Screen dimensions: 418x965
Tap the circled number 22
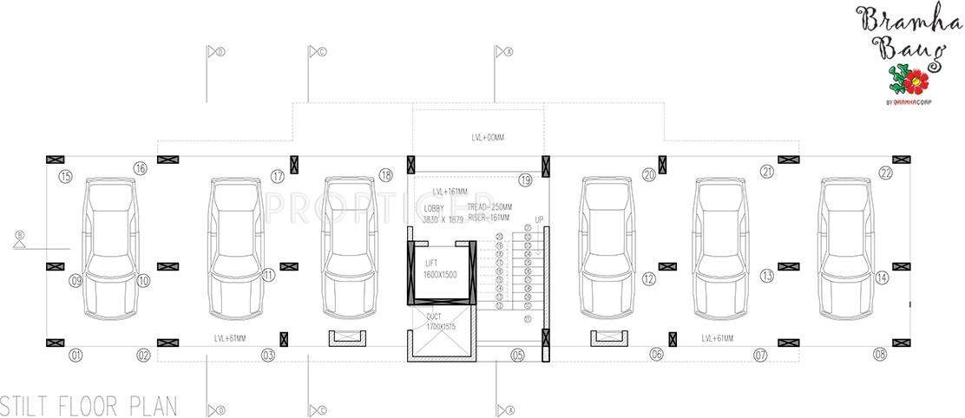[x=885, y=173]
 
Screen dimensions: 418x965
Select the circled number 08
[x=882, y=355]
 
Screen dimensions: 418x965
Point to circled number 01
[x=76, y=355]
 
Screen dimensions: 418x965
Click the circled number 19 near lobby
[x=525, y=180]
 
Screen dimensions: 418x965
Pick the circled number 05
[x=517, y=355]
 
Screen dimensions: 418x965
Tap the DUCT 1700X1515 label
[x=442, y=323]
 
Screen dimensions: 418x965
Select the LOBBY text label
[x=433, y=209]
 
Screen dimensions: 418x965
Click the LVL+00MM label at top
[x=487, y=137]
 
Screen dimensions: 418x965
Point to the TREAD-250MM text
[x=489, y=207]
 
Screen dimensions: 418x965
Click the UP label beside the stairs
[x=539, y=219]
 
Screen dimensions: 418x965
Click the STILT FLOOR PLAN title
[x=89, y=405]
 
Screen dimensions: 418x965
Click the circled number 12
[x=649, y=278]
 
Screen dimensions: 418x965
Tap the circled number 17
[x=278, y=176]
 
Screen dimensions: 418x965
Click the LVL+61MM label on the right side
[x=717, y=337]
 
